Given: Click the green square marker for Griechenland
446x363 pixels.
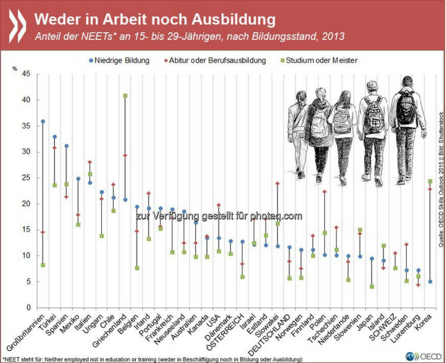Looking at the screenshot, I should pos(125,96).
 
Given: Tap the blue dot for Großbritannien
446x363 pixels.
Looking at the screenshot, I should pos(43,122).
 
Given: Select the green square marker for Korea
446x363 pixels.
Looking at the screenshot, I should pos(430,181).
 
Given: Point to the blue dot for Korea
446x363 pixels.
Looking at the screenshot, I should pos(430,282).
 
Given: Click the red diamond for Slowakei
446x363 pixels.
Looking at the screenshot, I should pos(277,183).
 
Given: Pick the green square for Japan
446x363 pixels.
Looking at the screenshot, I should pos(372,286).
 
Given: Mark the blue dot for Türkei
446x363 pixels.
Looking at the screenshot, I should pos(54,137).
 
